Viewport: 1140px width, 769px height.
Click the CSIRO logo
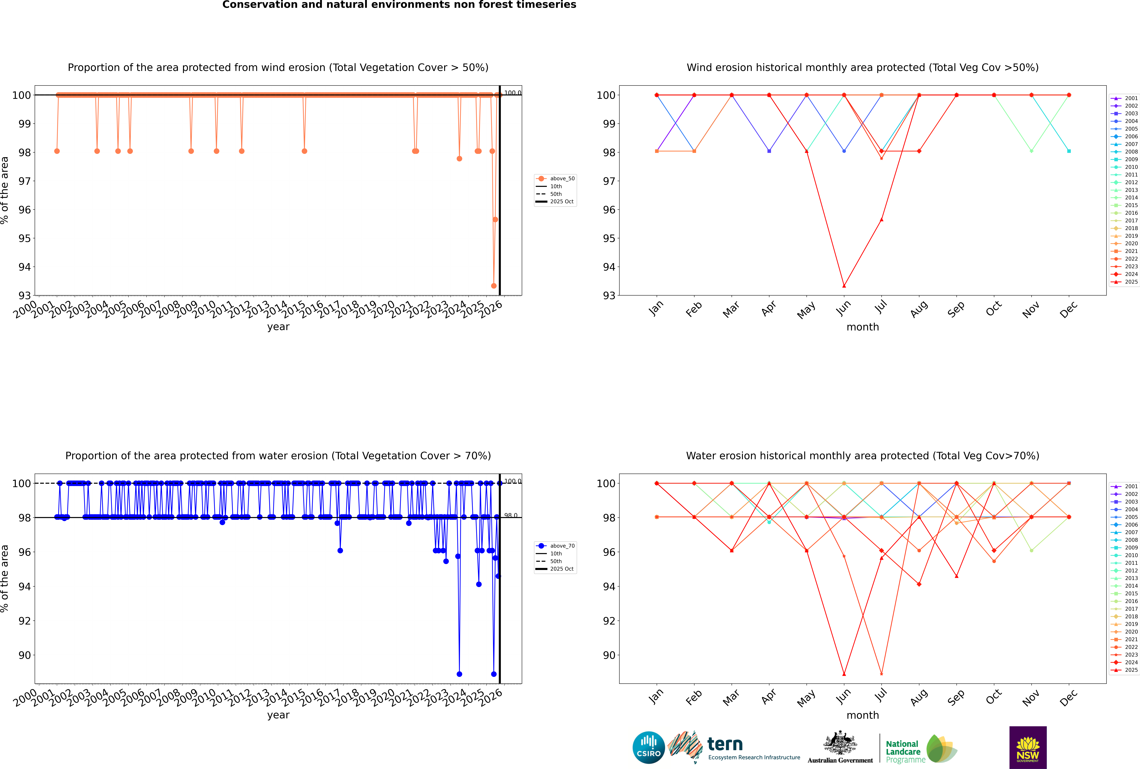click(x=648, y=747)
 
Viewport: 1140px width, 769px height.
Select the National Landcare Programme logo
click(x=920, y=749)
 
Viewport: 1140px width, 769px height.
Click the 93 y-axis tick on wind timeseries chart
click(x=24, y=295)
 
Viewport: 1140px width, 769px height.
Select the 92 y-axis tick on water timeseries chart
click(x=24, y=621)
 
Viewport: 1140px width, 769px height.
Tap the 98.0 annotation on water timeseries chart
click(x=511, y=515)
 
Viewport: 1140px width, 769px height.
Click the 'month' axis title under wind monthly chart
click(x=863, y=327)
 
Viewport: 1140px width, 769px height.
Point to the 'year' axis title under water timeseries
click(x=278, y=715)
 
